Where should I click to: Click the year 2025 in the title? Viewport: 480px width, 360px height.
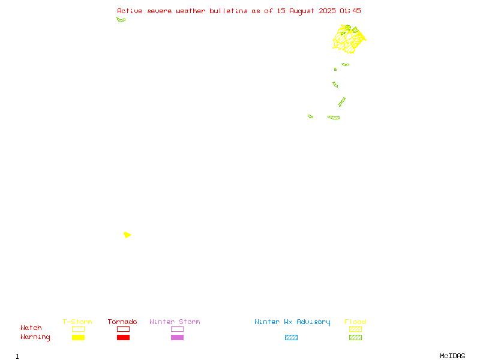(327, 11)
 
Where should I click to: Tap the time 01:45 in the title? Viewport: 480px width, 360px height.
(350, 11)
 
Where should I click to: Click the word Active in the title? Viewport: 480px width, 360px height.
(130, 11)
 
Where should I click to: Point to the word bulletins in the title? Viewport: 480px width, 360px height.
(229, 11)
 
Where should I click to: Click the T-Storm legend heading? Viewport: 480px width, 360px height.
(77, 322)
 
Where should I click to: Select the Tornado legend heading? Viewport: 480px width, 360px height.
(122, 322)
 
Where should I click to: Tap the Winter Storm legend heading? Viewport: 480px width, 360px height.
(175, 322)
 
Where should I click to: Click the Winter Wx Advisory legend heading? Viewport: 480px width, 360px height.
(292, 322)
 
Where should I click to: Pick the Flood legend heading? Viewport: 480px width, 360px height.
(355, 322)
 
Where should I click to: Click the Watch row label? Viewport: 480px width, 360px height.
(31, 328)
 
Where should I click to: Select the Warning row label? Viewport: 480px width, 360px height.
(35, 337)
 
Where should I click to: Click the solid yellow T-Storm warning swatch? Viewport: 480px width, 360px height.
(79, 337)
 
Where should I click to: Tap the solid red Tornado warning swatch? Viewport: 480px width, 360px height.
(124, 337)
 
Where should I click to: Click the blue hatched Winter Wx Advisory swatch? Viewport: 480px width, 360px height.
(291, 337)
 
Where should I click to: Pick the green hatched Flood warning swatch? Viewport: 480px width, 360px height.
(355, 337)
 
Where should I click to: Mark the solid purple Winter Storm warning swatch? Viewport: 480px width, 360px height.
(177, 337)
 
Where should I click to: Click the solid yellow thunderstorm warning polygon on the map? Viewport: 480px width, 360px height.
(127, 235)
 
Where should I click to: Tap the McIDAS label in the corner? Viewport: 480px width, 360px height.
(452, 356)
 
